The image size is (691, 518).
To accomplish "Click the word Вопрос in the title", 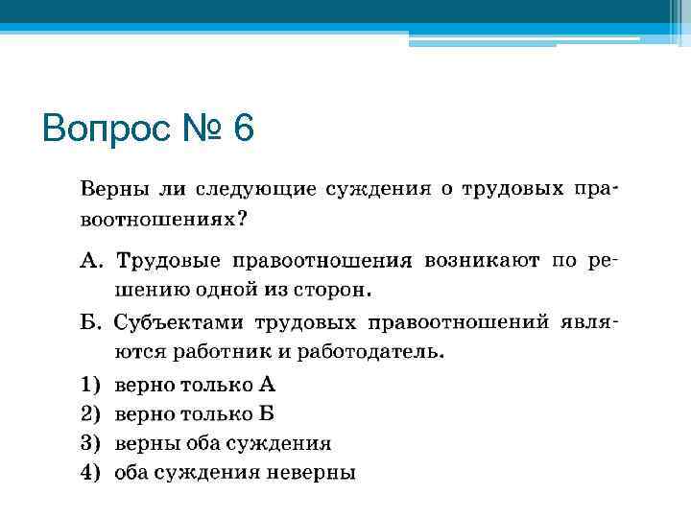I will pyautogui.click(x=106, y=128).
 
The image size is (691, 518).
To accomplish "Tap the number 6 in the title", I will pyautogui.click(x=242, y=128).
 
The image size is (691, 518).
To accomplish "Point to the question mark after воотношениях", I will pyautogui.click(x=241, y=220).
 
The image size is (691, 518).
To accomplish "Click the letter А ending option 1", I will pyautogui.click(x=267, y=386).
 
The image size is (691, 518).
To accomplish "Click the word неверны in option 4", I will pyautogui.click(x=316, y=472).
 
